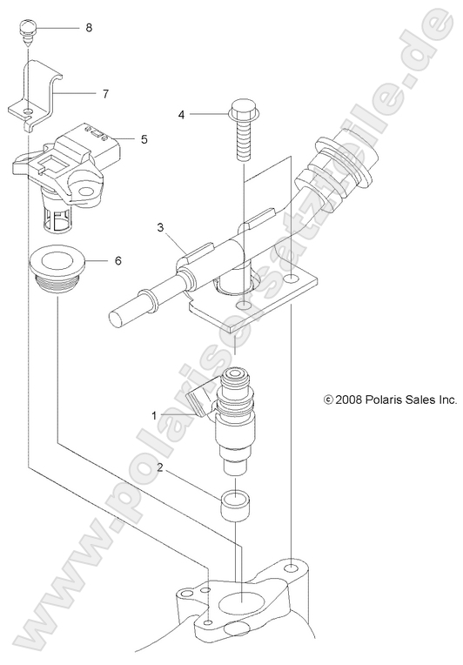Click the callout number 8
pyautogui.click(x=89, y=28)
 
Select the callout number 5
pyautogui.click(x=144, y=138)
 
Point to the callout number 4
pyautogui.click(x=181, y=114)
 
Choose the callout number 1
pyautogui.click(x=154, y=392)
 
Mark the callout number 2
pyautogui.click(x=158, y=467)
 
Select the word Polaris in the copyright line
pyautogui.click(x=386, y=400)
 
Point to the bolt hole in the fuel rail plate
pyautogui.click(x=246, y=309)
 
